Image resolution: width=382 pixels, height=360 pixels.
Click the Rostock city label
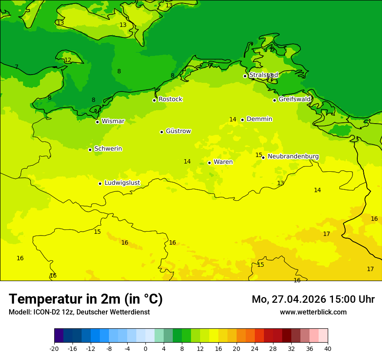[x=170, y=99]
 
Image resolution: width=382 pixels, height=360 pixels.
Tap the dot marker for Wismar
[x=97, y=122]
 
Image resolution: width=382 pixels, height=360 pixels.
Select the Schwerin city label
[x=108, y=149]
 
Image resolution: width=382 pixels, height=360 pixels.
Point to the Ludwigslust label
[x=122, y=183]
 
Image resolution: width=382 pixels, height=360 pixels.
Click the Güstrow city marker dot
[x=161, y=132]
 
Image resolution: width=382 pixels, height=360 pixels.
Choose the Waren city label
[x=223, y=162]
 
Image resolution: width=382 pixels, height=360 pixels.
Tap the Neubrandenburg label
[x=293, y=157]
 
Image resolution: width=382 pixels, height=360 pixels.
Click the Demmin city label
[x=259, y=119]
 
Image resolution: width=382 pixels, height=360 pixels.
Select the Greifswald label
[x=295, y=99]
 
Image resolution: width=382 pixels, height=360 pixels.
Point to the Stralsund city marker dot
[x=245, y=76]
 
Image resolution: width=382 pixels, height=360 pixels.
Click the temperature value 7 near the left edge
[x=16, y=67]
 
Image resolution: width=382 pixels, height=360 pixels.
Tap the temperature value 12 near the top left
[x=68, y=60]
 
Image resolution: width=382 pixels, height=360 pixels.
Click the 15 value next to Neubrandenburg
[x=259, y=155]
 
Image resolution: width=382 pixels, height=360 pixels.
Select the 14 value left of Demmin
[x=233, y=120]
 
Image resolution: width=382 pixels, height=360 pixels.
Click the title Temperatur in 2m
[x=86, y=299]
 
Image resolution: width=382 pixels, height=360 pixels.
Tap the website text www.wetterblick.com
[x=313, y=312]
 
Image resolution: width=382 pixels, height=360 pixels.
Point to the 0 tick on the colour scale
[x=145, y=349]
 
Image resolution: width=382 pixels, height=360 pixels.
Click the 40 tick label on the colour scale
[x=327, y=349]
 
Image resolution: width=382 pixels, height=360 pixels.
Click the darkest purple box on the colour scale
[x=59, y=336]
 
